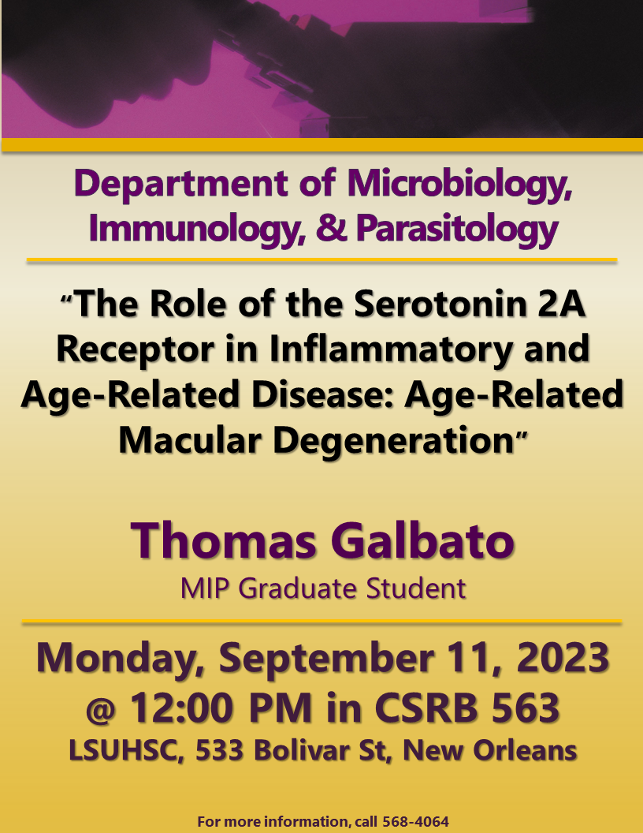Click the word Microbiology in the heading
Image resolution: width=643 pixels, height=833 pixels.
(x=459, y=185)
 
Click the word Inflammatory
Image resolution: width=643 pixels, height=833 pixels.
(x=392, y=349)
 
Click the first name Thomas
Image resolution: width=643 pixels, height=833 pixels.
(x=223, y=540)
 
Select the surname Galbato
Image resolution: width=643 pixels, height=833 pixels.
(x=423, y=540)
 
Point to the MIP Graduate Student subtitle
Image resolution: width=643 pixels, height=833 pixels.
(x=323, y=588)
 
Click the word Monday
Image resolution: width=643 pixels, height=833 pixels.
(x=121, y=659)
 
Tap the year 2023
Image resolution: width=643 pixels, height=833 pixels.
(x=563, y=657)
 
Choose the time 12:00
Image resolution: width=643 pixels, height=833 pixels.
(x=183, y=708)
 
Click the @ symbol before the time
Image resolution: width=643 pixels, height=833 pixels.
(x=101, y=710)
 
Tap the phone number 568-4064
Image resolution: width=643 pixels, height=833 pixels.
(x=415, y=821)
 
